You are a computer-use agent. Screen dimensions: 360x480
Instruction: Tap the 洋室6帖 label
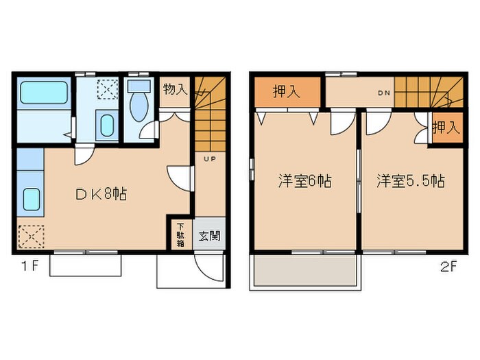[x=304, y=182]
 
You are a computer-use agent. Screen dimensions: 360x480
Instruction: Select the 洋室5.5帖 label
[x=410, y=182]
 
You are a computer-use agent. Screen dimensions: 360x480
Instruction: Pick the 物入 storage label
[x=175, y=89]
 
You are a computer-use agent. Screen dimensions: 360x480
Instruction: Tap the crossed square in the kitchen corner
[x=29, y=237]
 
